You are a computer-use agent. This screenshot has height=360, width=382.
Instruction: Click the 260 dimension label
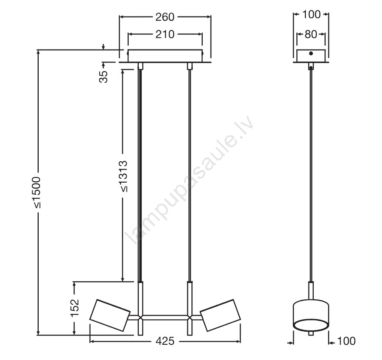pyautogui.click(x=165, y=17)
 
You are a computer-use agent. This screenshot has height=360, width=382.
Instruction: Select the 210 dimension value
pyautogui.click(x=165, y=34)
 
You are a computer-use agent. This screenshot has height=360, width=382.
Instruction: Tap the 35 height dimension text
pyautogui.click(x=104, y=77)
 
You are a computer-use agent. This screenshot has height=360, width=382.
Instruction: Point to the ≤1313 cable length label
pyautogui.click(x=123, y=176)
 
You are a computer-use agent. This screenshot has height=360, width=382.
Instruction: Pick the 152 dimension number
pyautogui.click(x=75, y=308)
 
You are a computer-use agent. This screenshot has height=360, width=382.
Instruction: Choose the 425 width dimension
pyautogui.click(x=165, y=341)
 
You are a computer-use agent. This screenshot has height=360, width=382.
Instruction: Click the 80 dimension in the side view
pyautogui.click(x=311, y=34)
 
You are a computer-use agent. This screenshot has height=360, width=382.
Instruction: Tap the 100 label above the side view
pyautogui.click(x=311, y=15)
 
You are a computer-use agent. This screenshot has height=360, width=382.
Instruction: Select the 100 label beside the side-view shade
pyautogui.click(x=346, y=341)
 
